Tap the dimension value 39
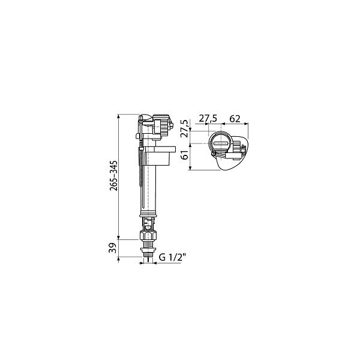pyautogui.click(x=113, y=247)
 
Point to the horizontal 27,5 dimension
pyautogui.click(x=208, y=119)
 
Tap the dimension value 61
pyautogui.click(x=185, y=155)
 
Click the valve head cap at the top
pyautogui.click(x=148, y=119)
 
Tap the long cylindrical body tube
pyautogui.click(x=149, y=189)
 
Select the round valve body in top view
pyautogui.click(x=219, y=145)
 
